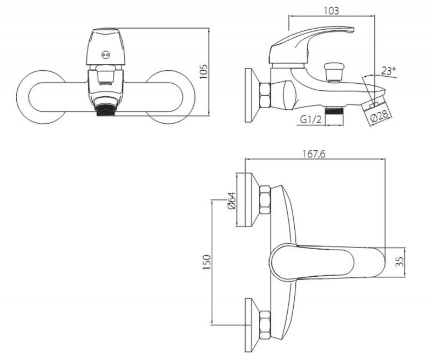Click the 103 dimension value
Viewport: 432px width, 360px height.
coord(331,10)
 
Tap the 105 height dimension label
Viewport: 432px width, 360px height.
coord(204,71)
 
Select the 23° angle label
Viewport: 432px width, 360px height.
coord(388,71)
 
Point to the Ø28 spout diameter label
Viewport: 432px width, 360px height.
coord(379,116)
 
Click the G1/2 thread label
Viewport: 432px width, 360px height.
coord(311,119)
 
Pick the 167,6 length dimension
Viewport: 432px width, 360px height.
coord(314,154)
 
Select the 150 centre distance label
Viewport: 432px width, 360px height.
coord(207,262)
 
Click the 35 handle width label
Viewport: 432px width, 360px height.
coord(400,262)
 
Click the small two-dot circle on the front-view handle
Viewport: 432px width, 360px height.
coord(105,55)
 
